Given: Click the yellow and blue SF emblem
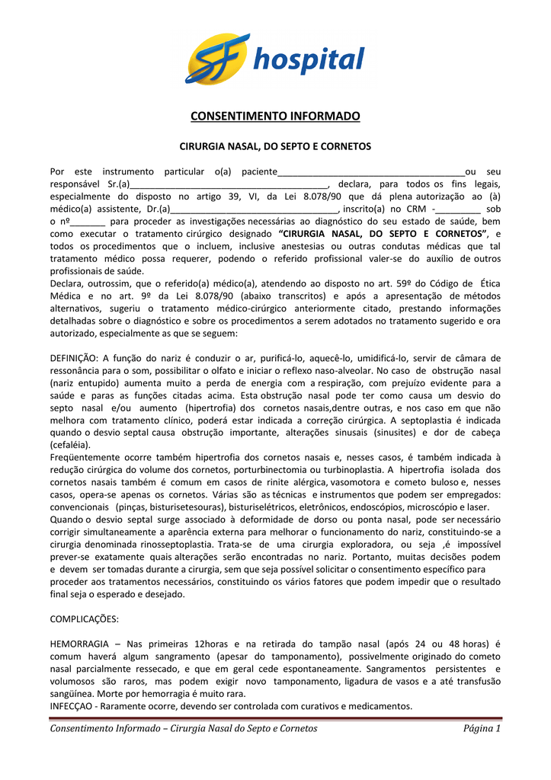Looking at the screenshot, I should (x=218, y=58).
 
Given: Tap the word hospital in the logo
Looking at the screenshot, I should (x=309, y=59).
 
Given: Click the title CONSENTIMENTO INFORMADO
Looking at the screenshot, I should (x=274, y=117).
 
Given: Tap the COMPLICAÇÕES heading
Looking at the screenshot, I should (x=84, y=619).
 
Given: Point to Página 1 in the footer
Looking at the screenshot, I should (x=482, y=729).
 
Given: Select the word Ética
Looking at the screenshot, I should (x=486, y=284).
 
